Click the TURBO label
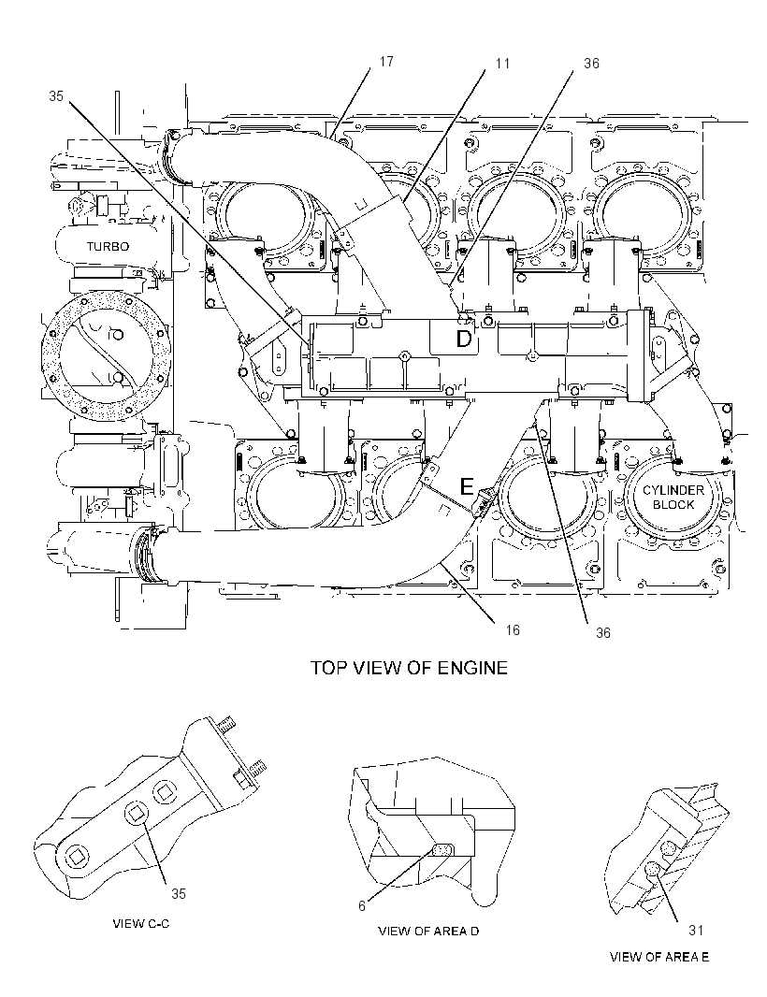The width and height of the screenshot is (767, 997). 108,246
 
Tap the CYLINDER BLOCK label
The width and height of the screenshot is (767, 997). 665,498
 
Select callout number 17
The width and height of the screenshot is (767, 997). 386,62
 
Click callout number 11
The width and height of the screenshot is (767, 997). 503,64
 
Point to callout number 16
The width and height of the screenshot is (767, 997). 513,629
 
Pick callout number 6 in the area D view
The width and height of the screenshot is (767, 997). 362,906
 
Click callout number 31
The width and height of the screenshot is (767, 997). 696,930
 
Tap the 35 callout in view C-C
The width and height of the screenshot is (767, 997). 179,893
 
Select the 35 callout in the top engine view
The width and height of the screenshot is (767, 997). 56,96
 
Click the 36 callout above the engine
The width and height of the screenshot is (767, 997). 591,64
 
